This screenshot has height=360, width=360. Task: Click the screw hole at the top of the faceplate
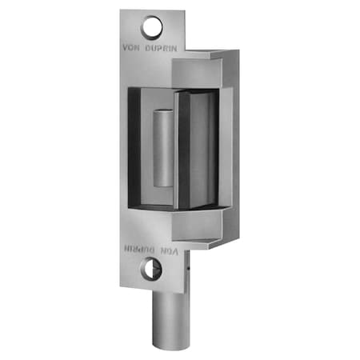pos(152,29)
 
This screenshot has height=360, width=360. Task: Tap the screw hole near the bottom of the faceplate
pos(152,270)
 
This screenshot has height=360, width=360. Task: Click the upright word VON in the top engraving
pos(133,46)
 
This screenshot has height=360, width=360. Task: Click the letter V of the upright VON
pos(126,46)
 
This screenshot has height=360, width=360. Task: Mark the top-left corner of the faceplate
pos(122,12)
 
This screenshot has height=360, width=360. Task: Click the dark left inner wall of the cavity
pos(134,148)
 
